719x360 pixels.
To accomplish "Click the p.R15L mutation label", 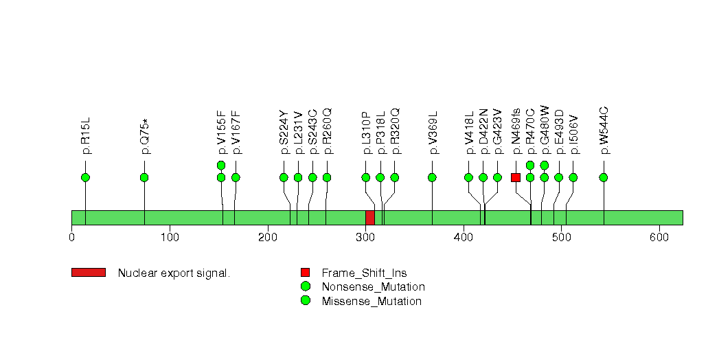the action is click(86, 136).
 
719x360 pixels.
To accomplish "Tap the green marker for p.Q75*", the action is click(144, 177).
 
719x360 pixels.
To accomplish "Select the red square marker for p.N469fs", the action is click(516, 177).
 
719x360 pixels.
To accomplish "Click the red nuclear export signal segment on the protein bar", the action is click(370, 218).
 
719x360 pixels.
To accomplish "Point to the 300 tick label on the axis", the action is click(366, 238).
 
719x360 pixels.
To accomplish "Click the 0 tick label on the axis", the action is click(72, 238).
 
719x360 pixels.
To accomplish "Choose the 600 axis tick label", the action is click(659, 238).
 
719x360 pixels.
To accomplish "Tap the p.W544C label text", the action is click(604, 131).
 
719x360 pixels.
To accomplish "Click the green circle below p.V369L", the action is click(432, 177).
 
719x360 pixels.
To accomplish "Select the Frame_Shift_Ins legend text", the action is click(364, 273).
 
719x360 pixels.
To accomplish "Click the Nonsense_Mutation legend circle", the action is click(306, 286).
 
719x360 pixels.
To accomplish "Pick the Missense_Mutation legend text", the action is click(372, 302).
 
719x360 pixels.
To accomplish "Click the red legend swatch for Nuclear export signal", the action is click(89, 273).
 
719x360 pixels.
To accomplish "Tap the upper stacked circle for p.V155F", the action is click(221, 165).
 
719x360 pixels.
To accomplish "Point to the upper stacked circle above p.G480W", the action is click(545, 165).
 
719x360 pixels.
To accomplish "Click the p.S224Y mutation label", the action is click(284, 132).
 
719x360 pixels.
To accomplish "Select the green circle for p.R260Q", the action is click(327, 177).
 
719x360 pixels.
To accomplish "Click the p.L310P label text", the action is click(367, 133).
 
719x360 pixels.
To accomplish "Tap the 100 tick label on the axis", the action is click(170, 238).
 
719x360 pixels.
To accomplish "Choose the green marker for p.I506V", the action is click(573, 177).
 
